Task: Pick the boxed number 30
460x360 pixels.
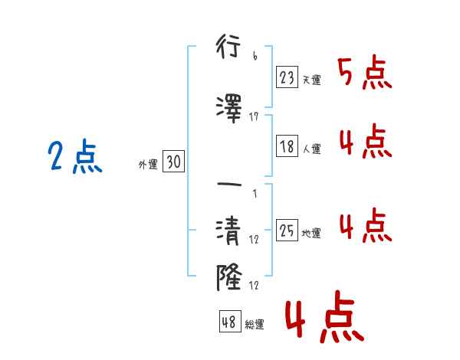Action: tap(173, 162)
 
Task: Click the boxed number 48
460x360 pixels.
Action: tap(229, 322)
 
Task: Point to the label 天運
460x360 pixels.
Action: tap(311, 80)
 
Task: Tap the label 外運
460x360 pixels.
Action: tap(147, 163)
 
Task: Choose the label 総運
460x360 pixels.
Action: tap(254, 324)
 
